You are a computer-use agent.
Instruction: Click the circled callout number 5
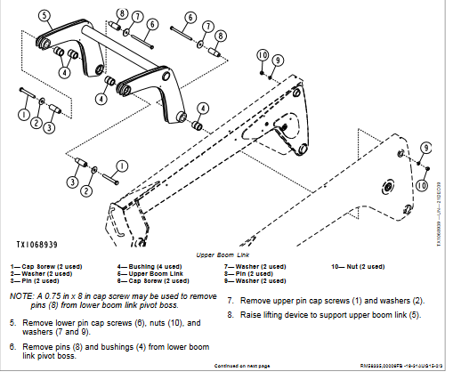(x=45, y=16)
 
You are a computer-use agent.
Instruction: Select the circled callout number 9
(x=277, y=60)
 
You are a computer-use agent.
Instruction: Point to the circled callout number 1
(x=23, y=114)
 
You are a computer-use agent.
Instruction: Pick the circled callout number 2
(x=86, y=190)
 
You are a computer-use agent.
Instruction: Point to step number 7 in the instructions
(x=231, y=301)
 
